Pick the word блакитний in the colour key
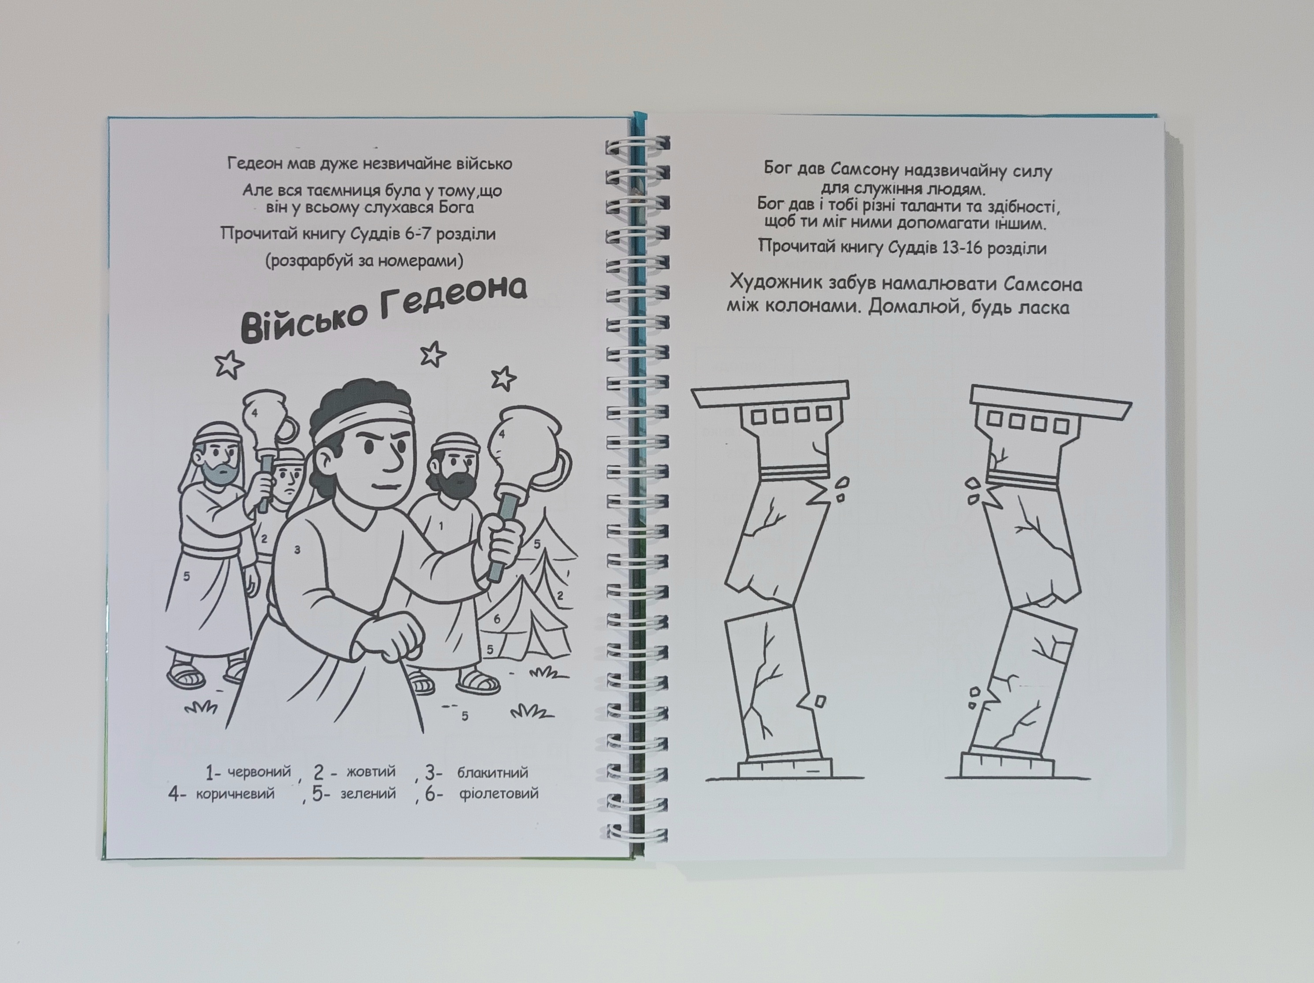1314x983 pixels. click(x=492, y=772)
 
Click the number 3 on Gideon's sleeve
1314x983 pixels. click(x=297, y=550)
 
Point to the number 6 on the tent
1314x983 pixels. click(x=497, y=619)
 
